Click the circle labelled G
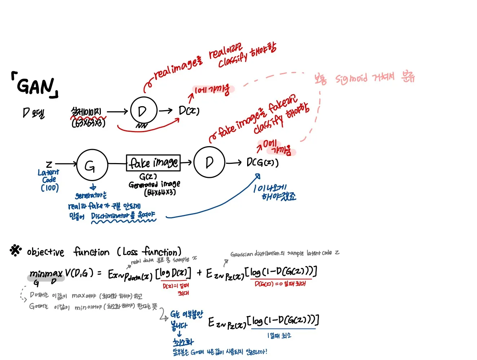pyautogui.click(x=92, y=165)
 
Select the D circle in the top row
pyautogui.click(x=143, y=111)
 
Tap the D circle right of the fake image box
pyautogui.click(x=209, y=162)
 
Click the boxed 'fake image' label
pyautogui.click(x=153, y=163)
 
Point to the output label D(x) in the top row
pyautogui.click(x=189, y=111)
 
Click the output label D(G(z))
pyautogui.click(x=262, y=162)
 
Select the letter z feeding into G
pyautogui.click(x=49, y=164)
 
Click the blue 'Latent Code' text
pyautogui.click(x=49, y=176)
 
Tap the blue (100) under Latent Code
pyautogui.click(x=49, y=188)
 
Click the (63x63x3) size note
pyautogui.click(x=88, y=123)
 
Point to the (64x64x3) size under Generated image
pyautogui.click(x=160, y=192)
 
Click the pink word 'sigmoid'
pyautogui.click(x=351, y=78)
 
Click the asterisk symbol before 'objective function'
pyautogui.click(x=15, y=250)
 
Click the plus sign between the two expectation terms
pyautogui.click(x=199, y=273)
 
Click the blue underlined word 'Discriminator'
pyautogui.click(x=110, y=216)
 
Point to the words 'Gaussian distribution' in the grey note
pyautogui.click(x=254, y=254)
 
